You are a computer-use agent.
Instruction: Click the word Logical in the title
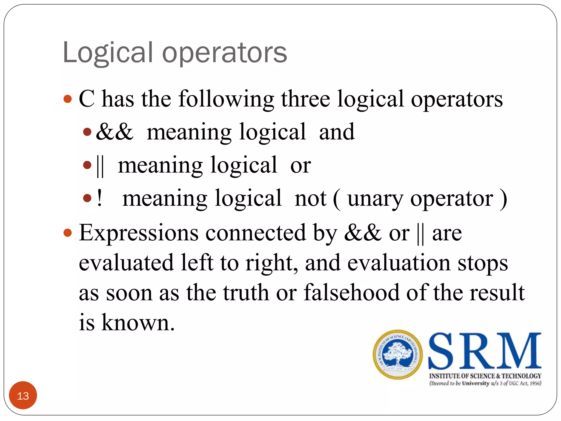coord(107,53)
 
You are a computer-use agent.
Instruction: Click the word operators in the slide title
coord(225,53)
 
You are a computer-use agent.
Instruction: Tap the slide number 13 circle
coord(23,396)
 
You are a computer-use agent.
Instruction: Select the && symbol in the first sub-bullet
coord(115,132)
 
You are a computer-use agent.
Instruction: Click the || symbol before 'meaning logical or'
coord(100,166)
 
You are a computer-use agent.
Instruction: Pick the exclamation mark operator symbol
coord(99,198)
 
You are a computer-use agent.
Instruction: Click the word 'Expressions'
coord(139,233)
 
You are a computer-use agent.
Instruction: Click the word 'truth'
coord(246,293)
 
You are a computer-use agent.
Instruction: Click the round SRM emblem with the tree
coord(397,354)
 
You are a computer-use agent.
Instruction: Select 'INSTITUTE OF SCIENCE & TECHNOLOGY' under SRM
coord(485,376)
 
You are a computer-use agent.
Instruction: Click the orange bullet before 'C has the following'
coord(67,99)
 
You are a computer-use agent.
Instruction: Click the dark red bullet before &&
coord(87,132)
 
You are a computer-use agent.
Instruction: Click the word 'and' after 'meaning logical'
coord(337,132)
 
